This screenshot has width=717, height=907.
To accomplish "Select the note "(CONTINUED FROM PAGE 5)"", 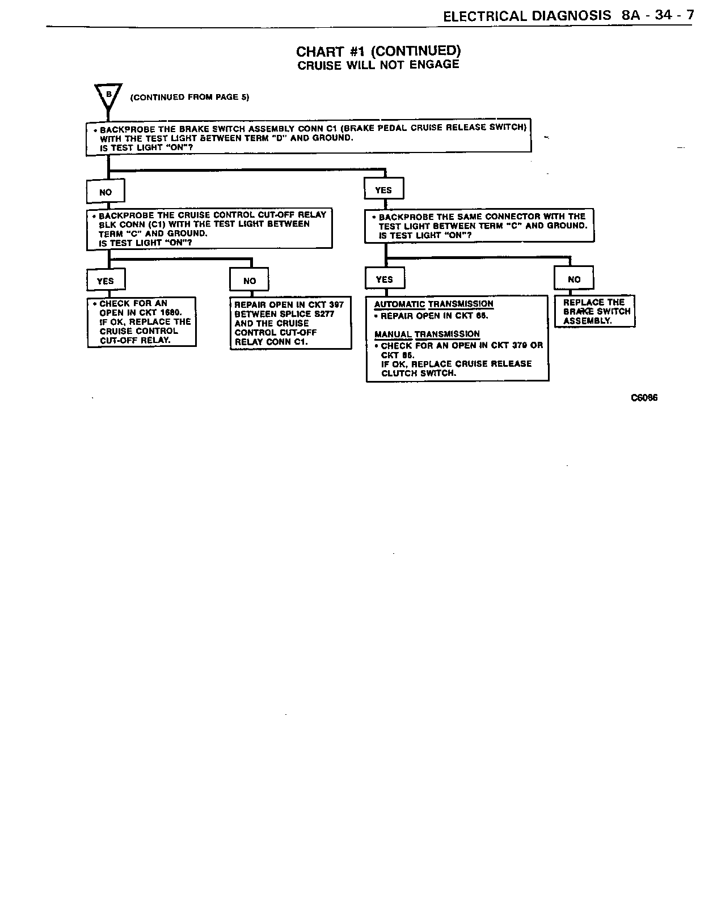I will pos(189,97).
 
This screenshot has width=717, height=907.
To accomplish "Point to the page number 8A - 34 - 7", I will pos(657,15).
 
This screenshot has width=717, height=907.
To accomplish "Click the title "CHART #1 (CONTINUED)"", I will pos(378,51).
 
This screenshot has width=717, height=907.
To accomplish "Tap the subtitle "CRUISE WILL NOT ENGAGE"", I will pos(378,65).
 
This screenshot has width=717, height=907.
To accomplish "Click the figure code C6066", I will pos(644,398).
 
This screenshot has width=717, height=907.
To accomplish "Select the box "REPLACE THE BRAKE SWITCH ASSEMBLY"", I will pos(594,311).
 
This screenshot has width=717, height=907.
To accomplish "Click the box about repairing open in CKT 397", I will pos(290,323).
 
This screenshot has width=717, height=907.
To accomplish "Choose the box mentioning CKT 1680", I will pos(142,322).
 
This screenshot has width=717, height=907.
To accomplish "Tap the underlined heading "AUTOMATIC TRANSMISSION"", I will pos(433,304).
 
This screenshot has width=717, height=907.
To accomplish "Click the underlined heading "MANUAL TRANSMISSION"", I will pos(427,334).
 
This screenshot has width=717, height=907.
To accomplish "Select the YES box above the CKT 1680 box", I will pos(106,281).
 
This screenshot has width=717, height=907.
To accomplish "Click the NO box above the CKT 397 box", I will pos(249,281).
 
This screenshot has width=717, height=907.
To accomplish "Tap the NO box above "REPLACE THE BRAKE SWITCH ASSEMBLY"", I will pos(574,279).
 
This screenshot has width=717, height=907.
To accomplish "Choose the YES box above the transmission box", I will pos(385,279).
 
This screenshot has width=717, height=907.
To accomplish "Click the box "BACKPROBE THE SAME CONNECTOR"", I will pos(479,226).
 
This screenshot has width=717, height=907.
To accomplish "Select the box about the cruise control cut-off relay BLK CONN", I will pos(209,229).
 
